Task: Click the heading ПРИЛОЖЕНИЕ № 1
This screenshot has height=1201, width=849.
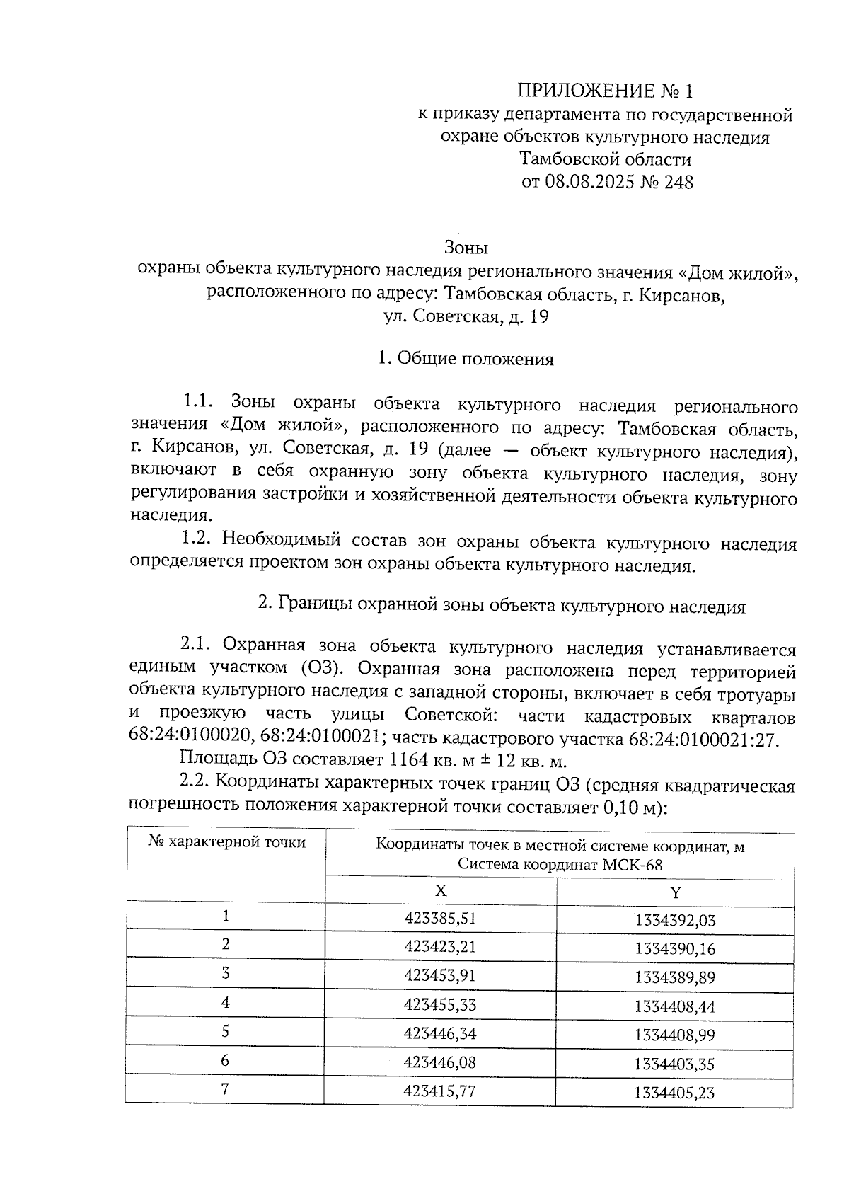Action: (x=606, y=91)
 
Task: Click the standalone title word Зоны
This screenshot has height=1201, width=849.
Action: (x=466, y=248)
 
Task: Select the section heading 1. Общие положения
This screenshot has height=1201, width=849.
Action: (x=466, y=359)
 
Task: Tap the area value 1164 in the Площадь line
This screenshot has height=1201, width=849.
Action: (x=408, y=762)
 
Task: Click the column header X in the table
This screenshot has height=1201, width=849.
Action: (x=440, y=891)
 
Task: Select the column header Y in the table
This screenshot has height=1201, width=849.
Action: (x=675, y=892)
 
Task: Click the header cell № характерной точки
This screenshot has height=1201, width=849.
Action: (x=226, y=842)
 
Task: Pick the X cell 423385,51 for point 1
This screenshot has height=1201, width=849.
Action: (x=439, y=919)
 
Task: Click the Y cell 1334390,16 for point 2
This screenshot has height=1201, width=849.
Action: (x=675, y=948)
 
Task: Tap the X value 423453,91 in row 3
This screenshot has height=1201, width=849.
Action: (x=439, y=975)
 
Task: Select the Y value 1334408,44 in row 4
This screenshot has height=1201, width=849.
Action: (x=675, y=1006)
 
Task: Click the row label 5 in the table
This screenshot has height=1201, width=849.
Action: (x=225, y=1032)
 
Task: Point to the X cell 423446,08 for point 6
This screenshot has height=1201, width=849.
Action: (x=439, y=1062)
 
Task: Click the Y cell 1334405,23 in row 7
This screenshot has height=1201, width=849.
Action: (x=675, y=1093)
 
